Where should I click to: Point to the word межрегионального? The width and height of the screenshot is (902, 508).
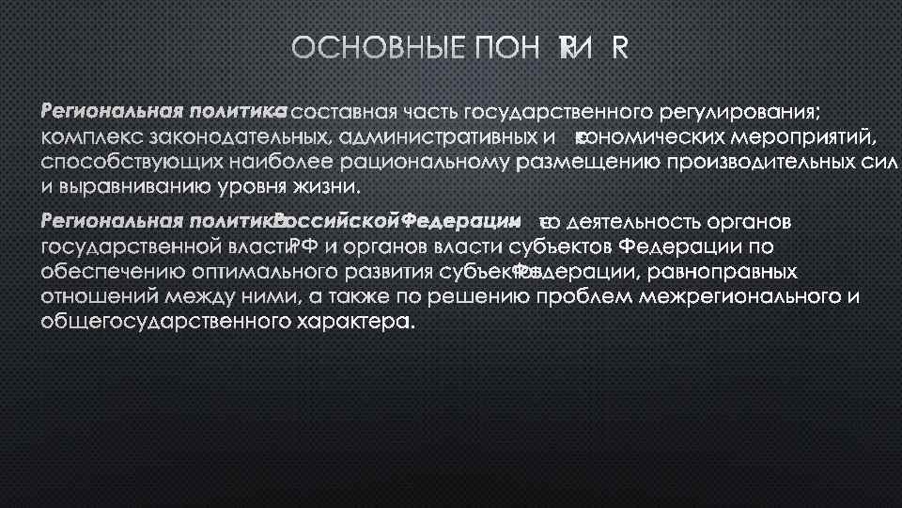click(x=743, y=297)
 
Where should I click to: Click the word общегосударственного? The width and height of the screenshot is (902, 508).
click(x=161, y=322)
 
